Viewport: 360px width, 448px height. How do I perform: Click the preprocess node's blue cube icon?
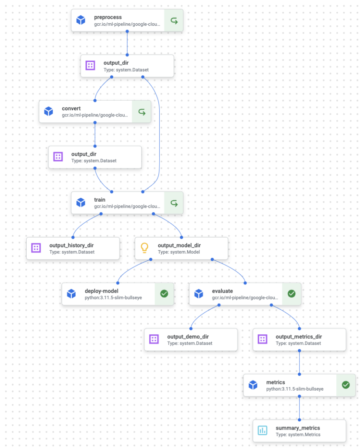tap(80, 20)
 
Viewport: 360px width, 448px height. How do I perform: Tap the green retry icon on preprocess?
tap(174, 20)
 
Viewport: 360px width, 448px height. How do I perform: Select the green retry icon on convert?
tap(142, 112)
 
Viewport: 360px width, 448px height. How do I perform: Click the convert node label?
tap(71, 108)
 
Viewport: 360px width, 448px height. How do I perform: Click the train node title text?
tap(100, 199)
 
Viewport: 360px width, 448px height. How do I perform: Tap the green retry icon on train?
tap(174, 203)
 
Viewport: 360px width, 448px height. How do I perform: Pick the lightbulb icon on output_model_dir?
tap(145, 248)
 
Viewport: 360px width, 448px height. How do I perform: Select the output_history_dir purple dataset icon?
tap(36, 248)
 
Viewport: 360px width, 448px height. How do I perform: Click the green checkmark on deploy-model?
tap(164, 294)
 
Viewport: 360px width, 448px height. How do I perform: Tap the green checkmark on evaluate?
tap(291, 294)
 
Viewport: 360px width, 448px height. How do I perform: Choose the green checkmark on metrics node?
tap(346, 385)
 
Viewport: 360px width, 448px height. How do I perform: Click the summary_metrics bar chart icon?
tap(262, 430)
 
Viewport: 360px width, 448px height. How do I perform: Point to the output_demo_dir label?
tap(188, 336)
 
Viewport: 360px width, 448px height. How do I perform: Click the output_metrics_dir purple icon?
tap(262, 339)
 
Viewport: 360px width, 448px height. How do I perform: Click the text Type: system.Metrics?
tap(298, 434)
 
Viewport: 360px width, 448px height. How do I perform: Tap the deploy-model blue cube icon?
tap(71, 294)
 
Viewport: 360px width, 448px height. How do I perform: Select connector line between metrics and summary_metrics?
tap(299, 408)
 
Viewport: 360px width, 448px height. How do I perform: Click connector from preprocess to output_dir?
tap(127, 43)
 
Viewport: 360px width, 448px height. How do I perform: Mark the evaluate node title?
tap(222, 290)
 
